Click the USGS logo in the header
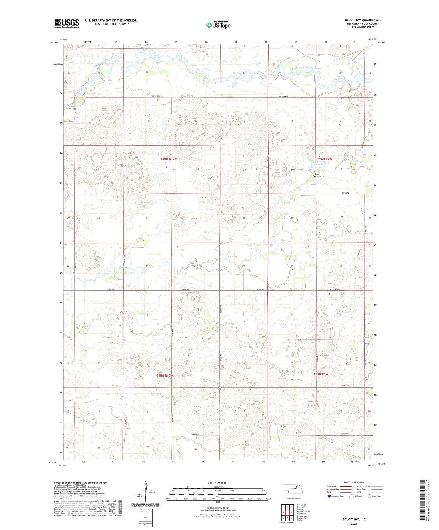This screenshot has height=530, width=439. [x=67, y=23]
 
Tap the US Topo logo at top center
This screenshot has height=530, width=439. [x=218, y=25]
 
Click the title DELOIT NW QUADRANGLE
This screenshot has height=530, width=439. [x=363, y=20]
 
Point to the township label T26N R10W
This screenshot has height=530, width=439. [x=169, y=158]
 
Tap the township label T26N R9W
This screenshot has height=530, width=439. [x=325, y=159]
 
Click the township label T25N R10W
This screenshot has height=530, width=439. [x=164, y=376]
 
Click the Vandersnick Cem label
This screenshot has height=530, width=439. [x=320, y=173]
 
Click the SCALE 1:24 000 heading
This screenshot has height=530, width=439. [x=216, y=483]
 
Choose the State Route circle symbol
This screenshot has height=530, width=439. [x=369, y=496]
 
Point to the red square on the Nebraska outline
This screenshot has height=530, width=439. [x=296, y=487]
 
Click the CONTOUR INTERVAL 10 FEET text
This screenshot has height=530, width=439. [x=218, y=508]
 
